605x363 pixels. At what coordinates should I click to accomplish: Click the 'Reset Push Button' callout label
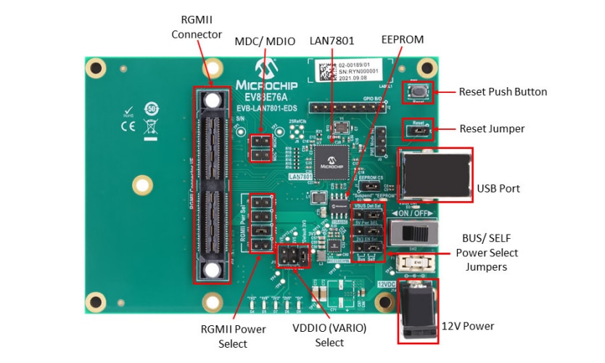coord(503,92)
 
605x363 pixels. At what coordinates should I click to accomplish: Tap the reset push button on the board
coord(419,93)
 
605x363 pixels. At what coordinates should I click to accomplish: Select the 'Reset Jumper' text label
coord(491,129)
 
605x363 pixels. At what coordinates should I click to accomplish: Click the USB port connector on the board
coord(435,174)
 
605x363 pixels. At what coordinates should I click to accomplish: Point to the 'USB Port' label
coord(498,188)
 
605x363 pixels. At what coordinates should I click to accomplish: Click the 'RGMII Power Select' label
coord(233,336)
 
